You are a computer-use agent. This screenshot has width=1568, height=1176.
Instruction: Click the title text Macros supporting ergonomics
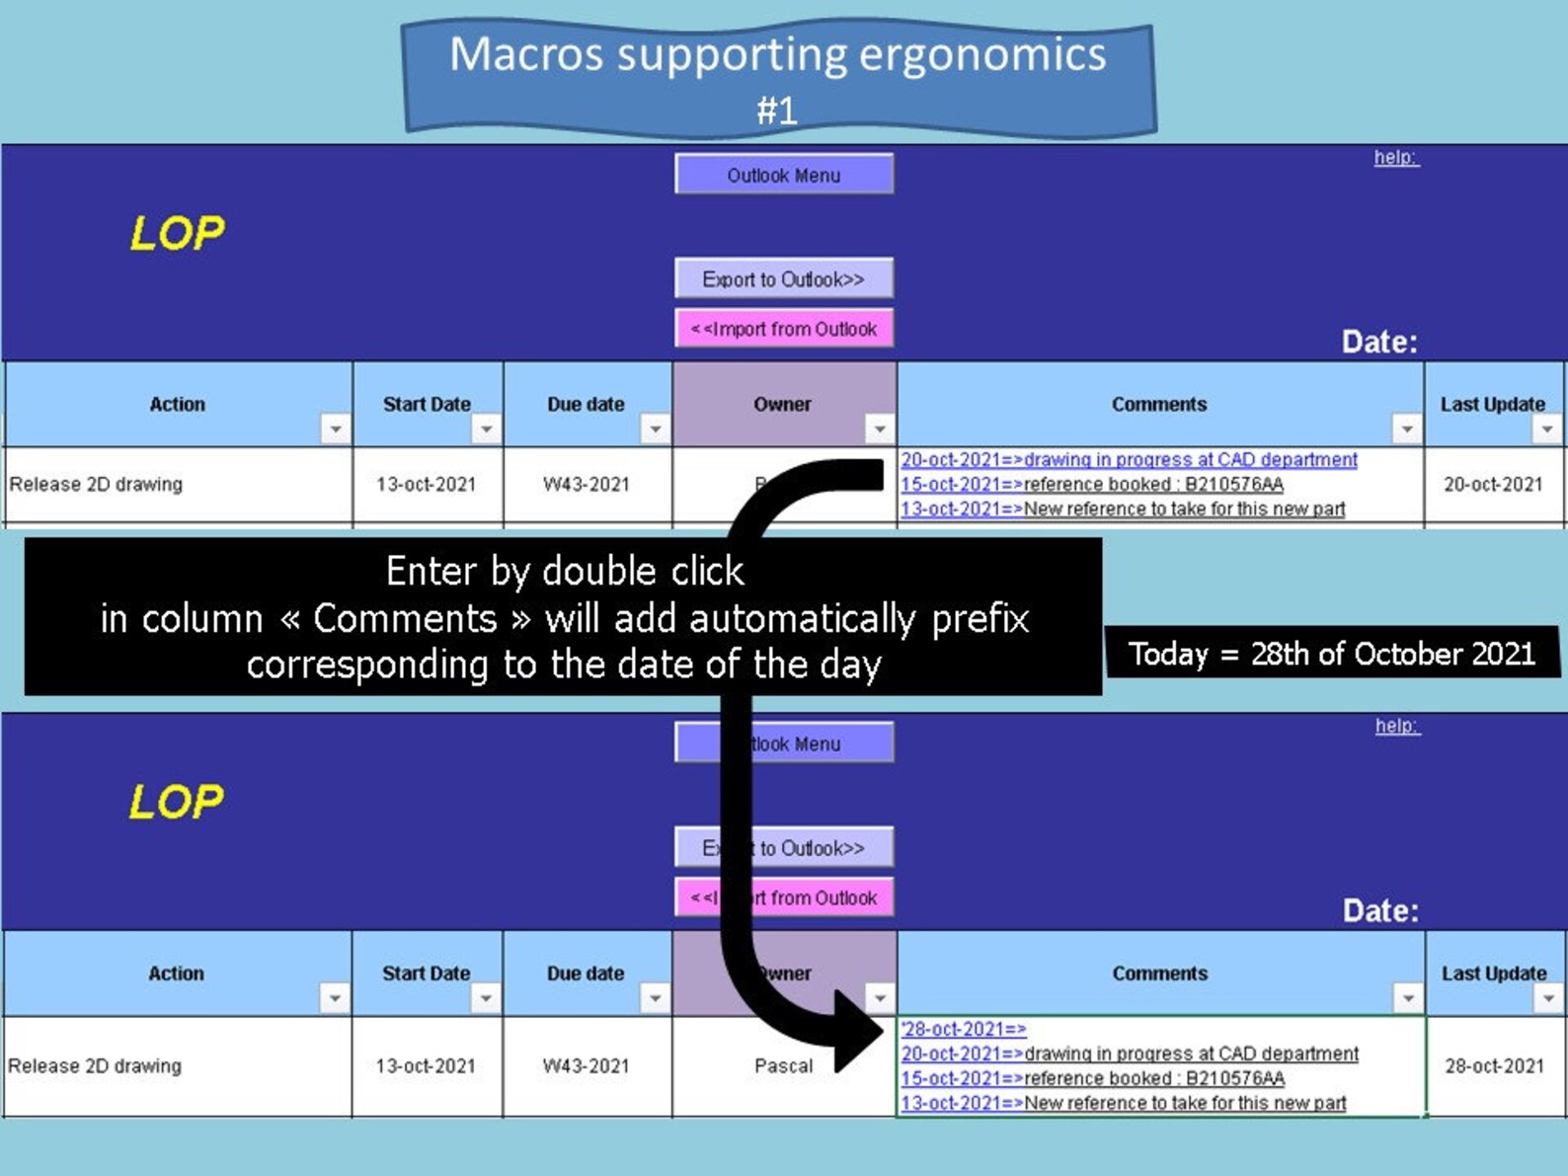click(x=778, y=55)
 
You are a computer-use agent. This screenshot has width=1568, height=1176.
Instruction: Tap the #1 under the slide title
click(x=777, y=111)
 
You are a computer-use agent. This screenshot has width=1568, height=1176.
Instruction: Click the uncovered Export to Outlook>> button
click(x=784, y=278)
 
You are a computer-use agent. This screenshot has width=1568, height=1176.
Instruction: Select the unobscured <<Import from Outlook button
click(x=784, y=329)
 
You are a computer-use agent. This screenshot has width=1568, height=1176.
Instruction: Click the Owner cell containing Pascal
click(x=784, y=1066)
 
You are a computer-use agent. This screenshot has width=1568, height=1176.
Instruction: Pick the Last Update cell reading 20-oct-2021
click(x=1493, y=485)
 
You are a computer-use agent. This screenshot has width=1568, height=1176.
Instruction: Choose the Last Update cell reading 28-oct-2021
click(x=1494, y=1066)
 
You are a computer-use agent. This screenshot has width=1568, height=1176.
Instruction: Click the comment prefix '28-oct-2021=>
click(x=964, y=1029)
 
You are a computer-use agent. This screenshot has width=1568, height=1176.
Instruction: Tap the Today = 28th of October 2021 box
click(x=1332, y=654)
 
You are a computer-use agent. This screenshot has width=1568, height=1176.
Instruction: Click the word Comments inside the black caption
click(x=404, y=618)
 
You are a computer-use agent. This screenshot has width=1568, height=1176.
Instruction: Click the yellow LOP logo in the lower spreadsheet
click(x=177, y=801)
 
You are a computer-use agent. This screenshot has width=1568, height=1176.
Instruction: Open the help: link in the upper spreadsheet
click(x=1396, y=157)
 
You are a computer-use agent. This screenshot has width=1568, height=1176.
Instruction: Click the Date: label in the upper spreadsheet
click(x=1379, y=342)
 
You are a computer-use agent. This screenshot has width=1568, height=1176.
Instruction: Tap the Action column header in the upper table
click(x=177, y=404)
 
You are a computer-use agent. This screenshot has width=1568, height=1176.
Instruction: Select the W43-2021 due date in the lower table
click(x=586, y=1066)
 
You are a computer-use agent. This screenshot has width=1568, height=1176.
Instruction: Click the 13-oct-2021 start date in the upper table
click(x=426, y=485)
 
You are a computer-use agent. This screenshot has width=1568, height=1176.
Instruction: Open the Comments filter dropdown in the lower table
click(x=1408, y=997)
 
